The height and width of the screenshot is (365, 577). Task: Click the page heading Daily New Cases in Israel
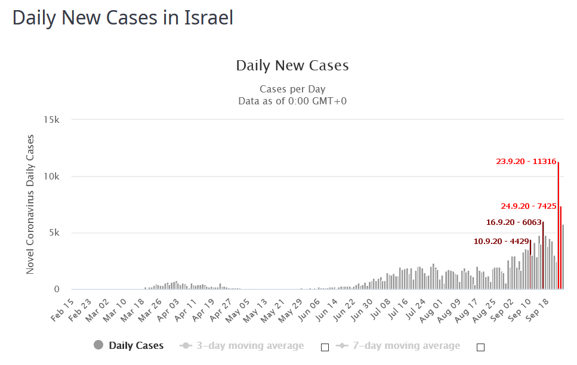pos(122,17)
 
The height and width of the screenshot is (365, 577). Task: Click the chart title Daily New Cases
pos(292,66)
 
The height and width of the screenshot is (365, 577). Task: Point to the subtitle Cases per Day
pos(292,89)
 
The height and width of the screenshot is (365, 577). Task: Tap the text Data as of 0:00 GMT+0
pos(292,101)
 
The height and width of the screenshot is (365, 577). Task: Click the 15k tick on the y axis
pos(52,120)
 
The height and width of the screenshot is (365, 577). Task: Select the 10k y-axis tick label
pos(52,177)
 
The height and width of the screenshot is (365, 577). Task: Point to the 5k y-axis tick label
pos(54,233)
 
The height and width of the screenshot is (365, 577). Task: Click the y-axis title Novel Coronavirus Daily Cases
pos(30,205)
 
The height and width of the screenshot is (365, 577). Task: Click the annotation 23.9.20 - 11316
pos(526,161)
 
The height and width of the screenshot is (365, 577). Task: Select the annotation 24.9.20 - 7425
pos(528,206)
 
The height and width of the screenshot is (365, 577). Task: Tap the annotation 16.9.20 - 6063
pos(514,222)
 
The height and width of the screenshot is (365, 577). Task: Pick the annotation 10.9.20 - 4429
pos(501,242)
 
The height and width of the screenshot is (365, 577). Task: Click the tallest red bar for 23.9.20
pos(559,227)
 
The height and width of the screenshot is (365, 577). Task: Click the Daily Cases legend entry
pos(128,345)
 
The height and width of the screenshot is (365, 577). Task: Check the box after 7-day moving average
pos(480,347)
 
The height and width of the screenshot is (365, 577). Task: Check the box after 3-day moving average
pos(325,347)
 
